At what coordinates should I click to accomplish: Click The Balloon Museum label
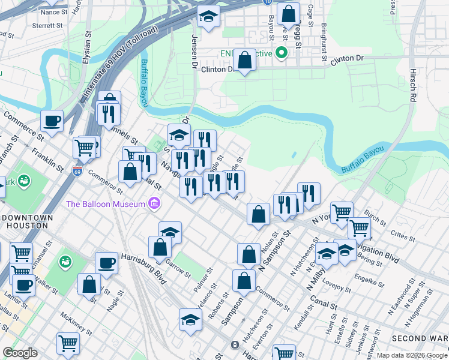pos(106,203)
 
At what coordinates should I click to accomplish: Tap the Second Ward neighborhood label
pos(420,338)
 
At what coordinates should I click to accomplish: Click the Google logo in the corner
pos(19,353)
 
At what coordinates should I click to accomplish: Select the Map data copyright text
pos(412,355)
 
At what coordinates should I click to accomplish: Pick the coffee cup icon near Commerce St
pos(52,120)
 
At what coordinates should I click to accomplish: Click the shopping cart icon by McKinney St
pos(68,343)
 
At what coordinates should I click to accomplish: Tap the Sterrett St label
pos(48,26)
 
